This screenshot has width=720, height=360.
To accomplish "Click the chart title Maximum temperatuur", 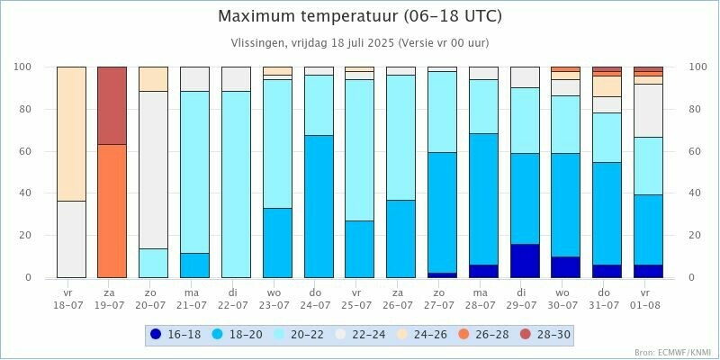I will [360, 16].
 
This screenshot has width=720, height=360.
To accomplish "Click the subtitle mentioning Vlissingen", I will [360, 42].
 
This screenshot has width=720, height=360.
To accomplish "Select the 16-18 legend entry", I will [176, 335].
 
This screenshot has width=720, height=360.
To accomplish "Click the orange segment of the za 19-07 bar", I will [112, 211].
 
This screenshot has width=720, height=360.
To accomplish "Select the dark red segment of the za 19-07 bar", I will [112, 105].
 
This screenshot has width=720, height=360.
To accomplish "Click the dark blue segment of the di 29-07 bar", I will [524, 260].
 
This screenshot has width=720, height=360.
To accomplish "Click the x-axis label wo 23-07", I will [277, 299].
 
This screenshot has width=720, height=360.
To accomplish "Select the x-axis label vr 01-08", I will [648, 299].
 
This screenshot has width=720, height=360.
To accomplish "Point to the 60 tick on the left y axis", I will [24, 151].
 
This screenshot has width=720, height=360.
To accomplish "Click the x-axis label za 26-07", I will [400, 299].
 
